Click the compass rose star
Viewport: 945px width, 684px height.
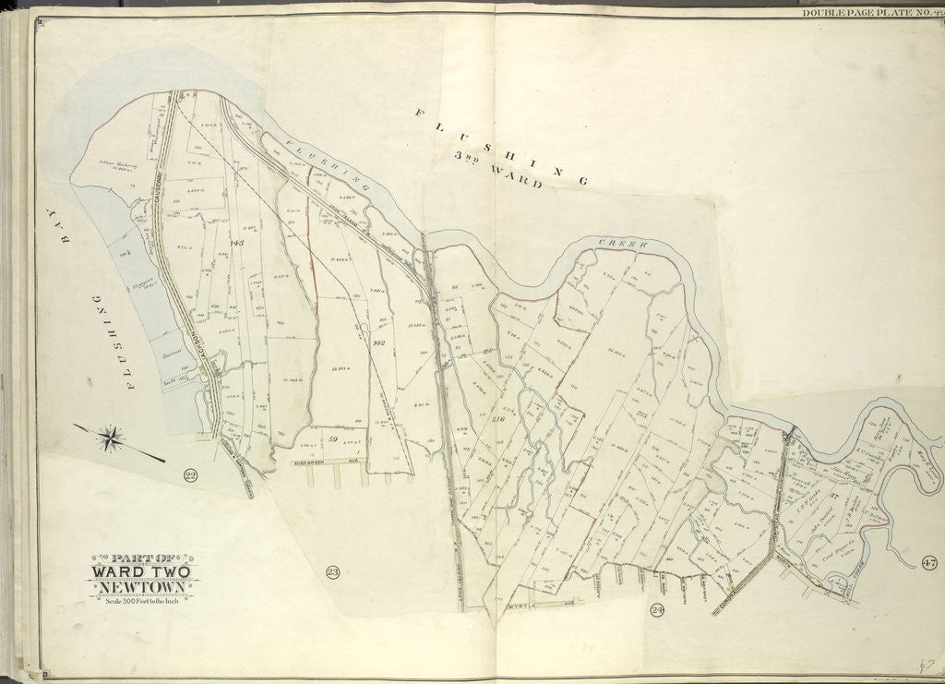110,438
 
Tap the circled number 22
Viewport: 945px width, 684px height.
191,476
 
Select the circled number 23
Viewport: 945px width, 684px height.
333,572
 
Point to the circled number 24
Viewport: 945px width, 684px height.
657,609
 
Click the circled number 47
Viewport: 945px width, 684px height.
928,563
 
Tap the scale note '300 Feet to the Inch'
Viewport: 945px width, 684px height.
142,602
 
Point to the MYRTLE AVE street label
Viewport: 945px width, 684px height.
536,607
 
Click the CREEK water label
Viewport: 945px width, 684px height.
623,243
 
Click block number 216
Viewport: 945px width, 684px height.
499,421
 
